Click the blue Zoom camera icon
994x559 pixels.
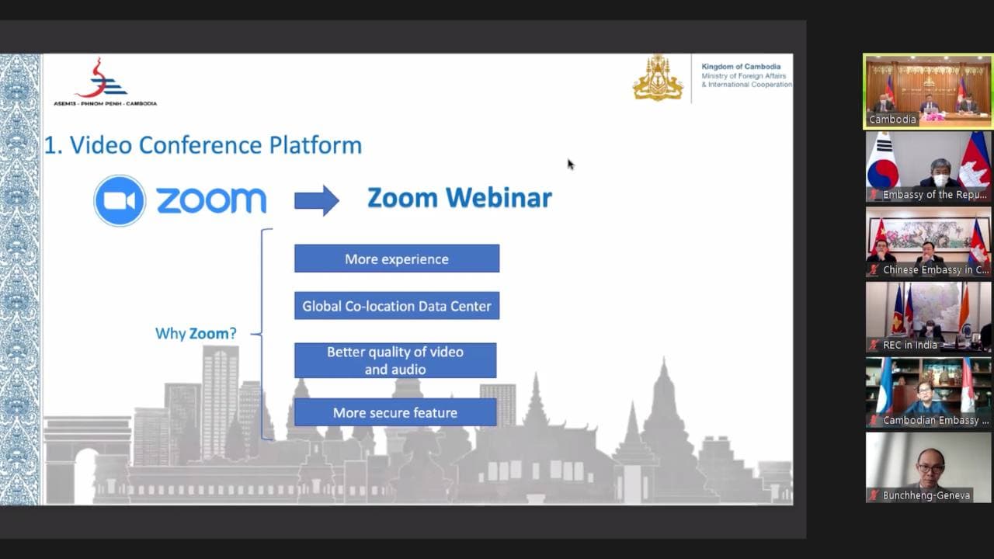click(x=120, y=200)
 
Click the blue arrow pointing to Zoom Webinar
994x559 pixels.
click(x=317, y=200)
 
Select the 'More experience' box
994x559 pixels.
click(x=397, y=259)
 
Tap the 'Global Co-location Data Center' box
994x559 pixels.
click(x=397, y=306)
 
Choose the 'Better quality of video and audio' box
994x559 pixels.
click(x=395, y=360)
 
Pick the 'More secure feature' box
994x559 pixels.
click(x=395, y=412)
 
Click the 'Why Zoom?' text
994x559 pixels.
click(x=196, y=334)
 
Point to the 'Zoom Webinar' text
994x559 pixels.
click(x=460, y=198)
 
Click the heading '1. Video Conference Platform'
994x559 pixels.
click(x=203, y=145)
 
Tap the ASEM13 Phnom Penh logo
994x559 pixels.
click(x=105, y=82)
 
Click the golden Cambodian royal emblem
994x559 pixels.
click(x=658, y=78)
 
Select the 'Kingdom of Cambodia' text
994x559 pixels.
click(x=741, y=67)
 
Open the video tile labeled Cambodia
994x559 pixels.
click(x=928, y=92)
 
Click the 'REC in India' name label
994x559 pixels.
click(x=909, y=345)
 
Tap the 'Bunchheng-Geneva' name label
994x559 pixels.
click(x=926, y=495)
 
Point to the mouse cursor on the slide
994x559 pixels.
click(x=570, y=164)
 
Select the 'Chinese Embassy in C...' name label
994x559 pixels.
click(x=936, y=269)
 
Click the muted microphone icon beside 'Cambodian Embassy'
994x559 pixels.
click(x=874, y=420)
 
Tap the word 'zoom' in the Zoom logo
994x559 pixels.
click(x=212, y=200)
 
